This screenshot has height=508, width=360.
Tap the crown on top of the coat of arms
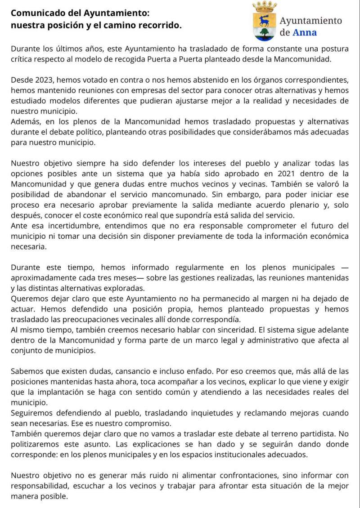click(265, 6)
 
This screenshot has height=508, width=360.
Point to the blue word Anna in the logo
click(305, 32)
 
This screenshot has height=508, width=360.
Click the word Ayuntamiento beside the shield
click(310, 20)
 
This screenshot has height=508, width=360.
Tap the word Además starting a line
click(25, 122)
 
